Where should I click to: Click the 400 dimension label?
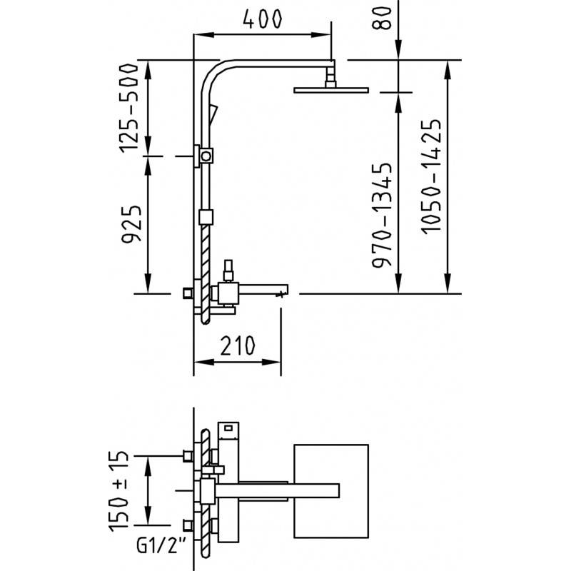pyautogui.click(x=262, y=19)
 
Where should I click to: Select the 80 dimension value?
pyautogui.click(x=381, y=18)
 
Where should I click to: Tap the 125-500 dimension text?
pyautogui.click(x=129, y=108)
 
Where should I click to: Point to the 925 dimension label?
pyautogui.click(x=131, y=225)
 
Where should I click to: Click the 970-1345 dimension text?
pyautogui.click(x=382, y=216)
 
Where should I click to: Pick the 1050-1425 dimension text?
pyautogui.click(x=432, y=176)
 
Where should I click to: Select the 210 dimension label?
pyautogui.click(x=238, y=345)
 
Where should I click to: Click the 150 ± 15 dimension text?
pyautogui.click(x=118, y=491)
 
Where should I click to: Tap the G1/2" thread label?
pyautogui.click(x=161, y=545)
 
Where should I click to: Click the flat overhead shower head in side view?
pyautogui.click(x=331, y=90)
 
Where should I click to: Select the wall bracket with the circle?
pyautogui.click(x=203, y=156)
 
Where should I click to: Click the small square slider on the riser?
pyautogui.click(x=206, y=217)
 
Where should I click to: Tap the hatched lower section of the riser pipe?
pyautogui.click(x=206, y=274)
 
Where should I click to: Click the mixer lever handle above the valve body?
pyautogui.click(x=228, y=271)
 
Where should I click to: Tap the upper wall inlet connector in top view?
pyautogui.click(x=188, y=456)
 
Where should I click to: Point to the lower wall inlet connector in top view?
pyautogui.click(x=188, y=525)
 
